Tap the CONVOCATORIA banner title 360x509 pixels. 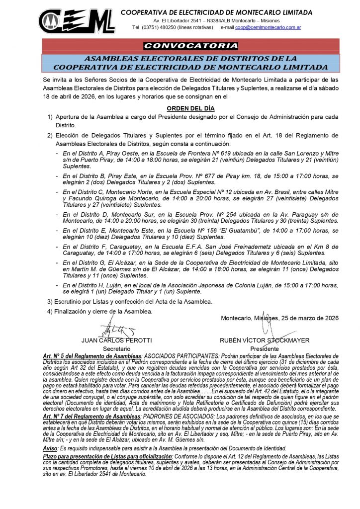coord(190,46)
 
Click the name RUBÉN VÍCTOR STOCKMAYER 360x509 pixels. coord(264,340)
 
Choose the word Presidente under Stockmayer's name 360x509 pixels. coord(264,349)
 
